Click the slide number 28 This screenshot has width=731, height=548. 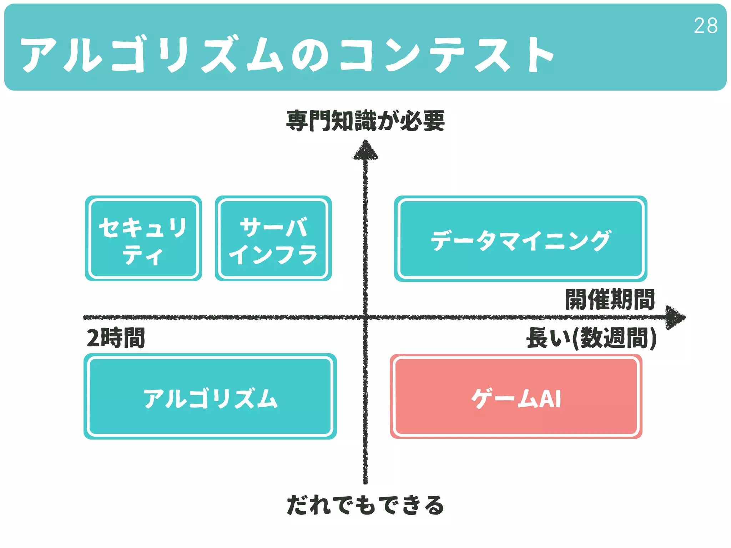pyautogui.click(x=705, y=26)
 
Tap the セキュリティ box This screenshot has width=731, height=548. pyautogui.click(x=143, y=238)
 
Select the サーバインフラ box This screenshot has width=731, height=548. pyautogui.click(x=273, y=238)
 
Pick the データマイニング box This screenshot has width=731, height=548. pyautogui.click(x=520, y=238)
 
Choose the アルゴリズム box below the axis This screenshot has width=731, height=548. pyautogui.click(x=210, y=396)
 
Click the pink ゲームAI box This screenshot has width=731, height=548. pyautogui.click(x=516, y=396)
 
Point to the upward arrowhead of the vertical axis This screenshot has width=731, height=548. pyautogui.click(x=365, y=150)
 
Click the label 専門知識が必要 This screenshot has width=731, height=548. pyautogui.click(x=365, y=121)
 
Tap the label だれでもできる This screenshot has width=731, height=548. pyautogui.click(x=365, y=505)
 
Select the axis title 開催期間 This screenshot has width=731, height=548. pyautogui.click(x=610, y=299)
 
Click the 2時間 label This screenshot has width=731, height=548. pyautogui.click(x=116, y=338)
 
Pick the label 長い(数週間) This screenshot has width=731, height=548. pyautogui.click(x=591, y=338)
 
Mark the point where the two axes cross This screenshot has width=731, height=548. pyautogui.click(x=365, y=317)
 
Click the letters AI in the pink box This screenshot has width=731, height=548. pyautogui.click(x=550, y=399)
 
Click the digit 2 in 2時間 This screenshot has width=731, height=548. pyautogui.click(x=93, y=338)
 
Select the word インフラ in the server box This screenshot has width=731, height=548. pyautogui.click(x=273, y=254)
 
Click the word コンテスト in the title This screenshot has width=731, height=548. pyautogui.click(x=446, y=55)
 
